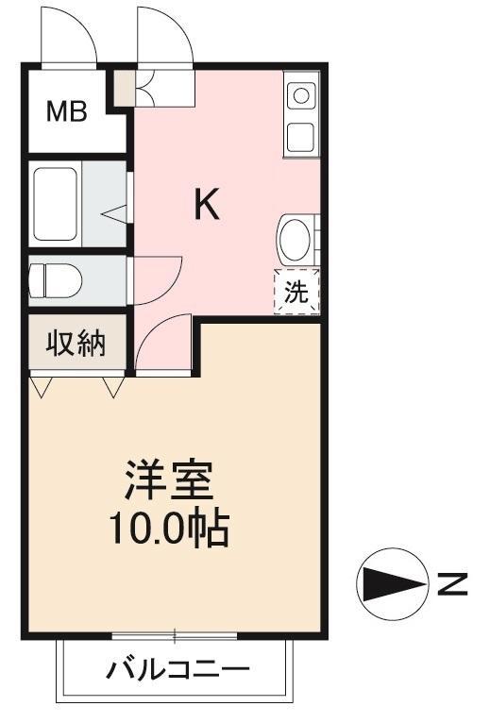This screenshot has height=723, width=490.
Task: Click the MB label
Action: tap(68, 112)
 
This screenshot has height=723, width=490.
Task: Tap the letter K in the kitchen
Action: tap(207, 205)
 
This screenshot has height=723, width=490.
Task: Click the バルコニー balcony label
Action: tap(177, 671)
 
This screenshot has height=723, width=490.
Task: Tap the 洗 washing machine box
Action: tap(297, 292)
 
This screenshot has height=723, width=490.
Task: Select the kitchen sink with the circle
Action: tap(301, 95)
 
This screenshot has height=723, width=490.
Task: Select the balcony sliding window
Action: tap(175, 635)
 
